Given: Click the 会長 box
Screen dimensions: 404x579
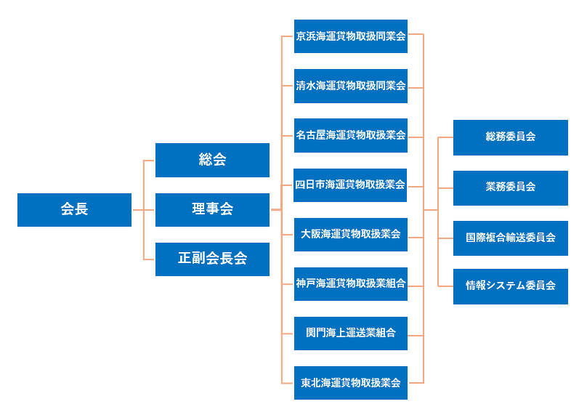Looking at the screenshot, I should pyautogui.click(x=74, y=210).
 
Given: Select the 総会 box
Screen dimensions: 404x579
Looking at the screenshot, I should pyautogui.click(x=212, y=160).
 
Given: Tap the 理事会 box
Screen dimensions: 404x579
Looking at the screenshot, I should pyautogui.click(x=212, y=210).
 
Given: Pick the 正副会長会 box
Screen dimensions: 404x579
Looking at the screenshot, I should pyautogui.click(x=212, y=259).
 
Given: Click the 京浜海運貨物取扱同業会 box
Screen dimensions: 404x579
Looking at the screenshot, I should pyautogui.click(x=350, y=36).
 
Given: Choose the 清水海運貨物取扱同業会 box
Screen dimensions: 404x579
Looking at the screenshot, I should pyautogui.click(x=350, y=86).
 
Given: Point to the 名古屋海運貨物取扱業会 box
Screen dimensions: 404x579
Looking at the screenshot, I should pyautogui.click(x=350, y=135).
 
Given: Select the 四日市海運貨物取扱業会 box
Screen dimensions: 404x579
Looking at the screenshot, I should pyautogui.click(x=350, y=185).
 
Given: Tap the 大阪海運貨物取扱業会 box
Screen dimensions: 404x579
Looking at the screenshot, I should pyautogui.click(x=350, y=234).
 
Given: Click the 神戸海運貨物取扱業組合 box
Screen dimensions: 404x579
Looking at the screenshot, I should pyautogui.click(x=350, y=283).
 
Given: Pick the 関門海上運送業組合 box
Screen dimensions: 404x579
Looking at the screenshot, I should pyautogui.click(x=350, y=333).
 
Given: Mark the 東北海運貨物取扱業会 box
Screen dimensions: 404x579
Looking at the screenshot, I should pyautogui.click(x=350, y=382).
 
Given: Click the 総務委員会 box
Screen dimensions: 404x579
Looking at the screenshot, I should pyautogui.click(x=510, y=137).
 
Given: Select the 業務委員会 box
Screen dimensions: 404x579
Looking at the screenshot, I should pyautogui.click(x=510, y=187).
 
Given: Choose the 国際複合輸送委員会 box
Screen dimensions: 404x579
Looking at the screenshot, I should pyautogui.click(x=510, y=238).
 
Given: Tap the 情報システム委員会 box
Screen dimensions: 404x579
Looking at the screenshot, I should pyautogui.click(x=510, y=286).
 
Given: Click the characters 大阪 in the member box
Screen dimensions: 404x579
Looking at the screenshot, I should pyautogui.click(x=311, y=234).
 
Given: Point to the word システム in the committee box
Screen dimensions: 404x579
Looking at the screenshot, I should pyautogui.click(x=506, y=286).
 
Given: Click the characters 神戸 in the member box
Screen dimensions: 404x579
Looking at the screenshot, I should pyautogui.click(x=305, y=283).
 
